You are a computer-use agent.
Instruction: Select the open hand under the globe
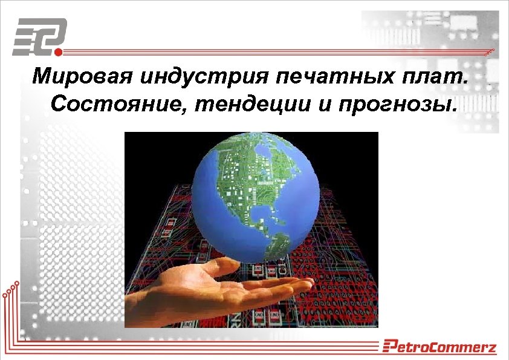[x=206, y=290]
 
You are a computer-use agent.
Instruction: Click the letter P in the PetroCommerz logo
[x=389, y=347]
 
